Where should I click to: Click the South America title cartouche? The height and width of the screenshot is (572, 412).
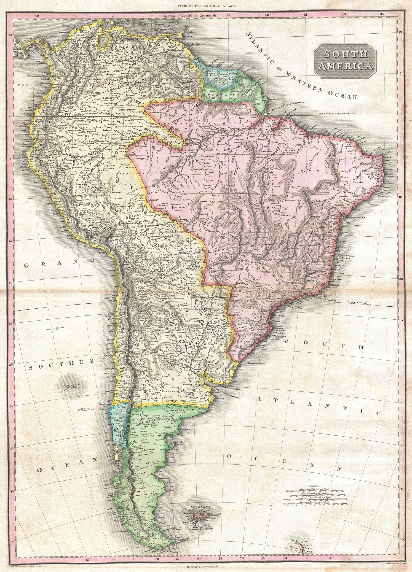(x=345, y=61)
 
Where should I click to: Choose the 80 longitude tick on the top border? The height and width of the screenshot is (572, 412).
(x=37, y=16)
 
